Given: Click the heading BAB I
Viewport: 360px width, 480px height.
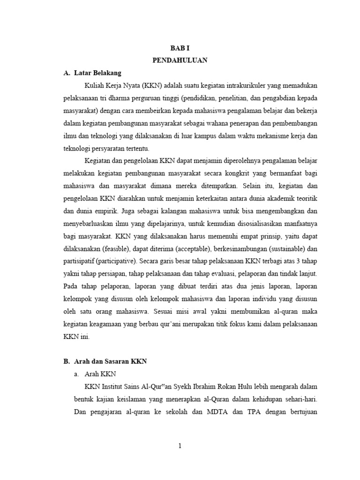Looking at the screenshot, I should coord(180,48).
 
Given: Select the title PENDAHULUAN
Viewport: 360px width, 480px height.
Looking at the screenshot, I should coord(180,60).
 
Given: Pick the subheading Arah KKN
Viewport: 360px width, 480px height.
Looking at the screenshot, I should coord(100,374).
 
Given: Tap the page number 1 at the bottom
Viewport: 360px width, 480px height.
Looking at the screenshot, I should coord(180,446).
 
